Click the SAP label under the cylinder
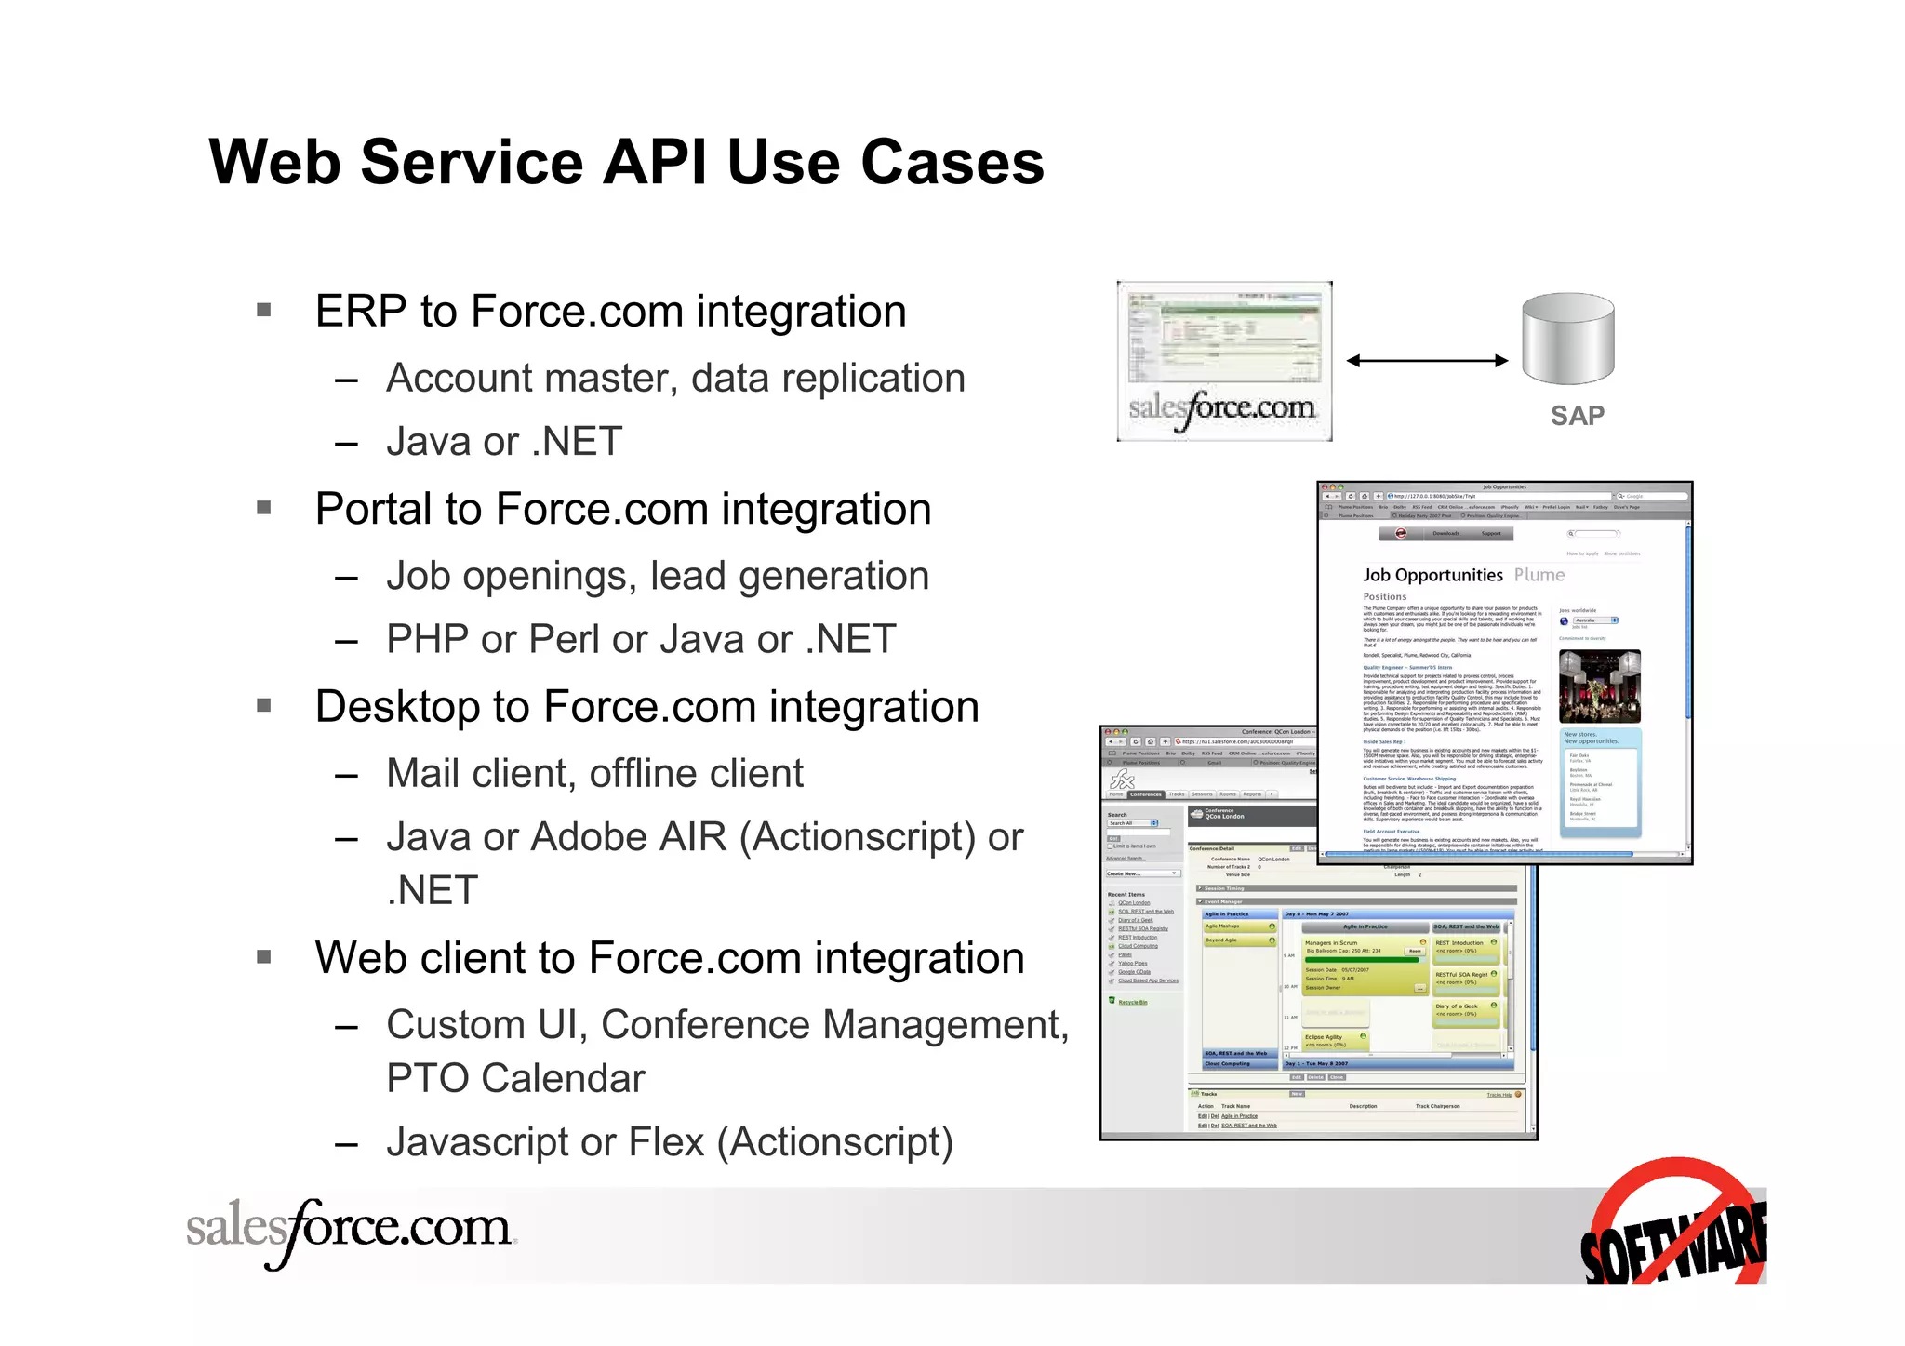point(1577,416)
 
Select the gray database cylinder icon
point(1567,339)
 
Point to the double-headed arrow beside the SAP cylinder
point(1427,360)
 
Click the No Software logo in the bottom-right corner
point(1674,1223)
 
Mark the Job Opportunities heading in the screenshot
point(1432,575)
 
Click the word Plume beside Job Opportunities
point(1539,575)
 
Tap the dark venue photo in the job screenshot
point(1599,686)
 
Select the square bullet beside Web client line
point(264,956)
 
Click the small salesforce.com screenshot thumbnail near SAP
point(1224,361)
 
